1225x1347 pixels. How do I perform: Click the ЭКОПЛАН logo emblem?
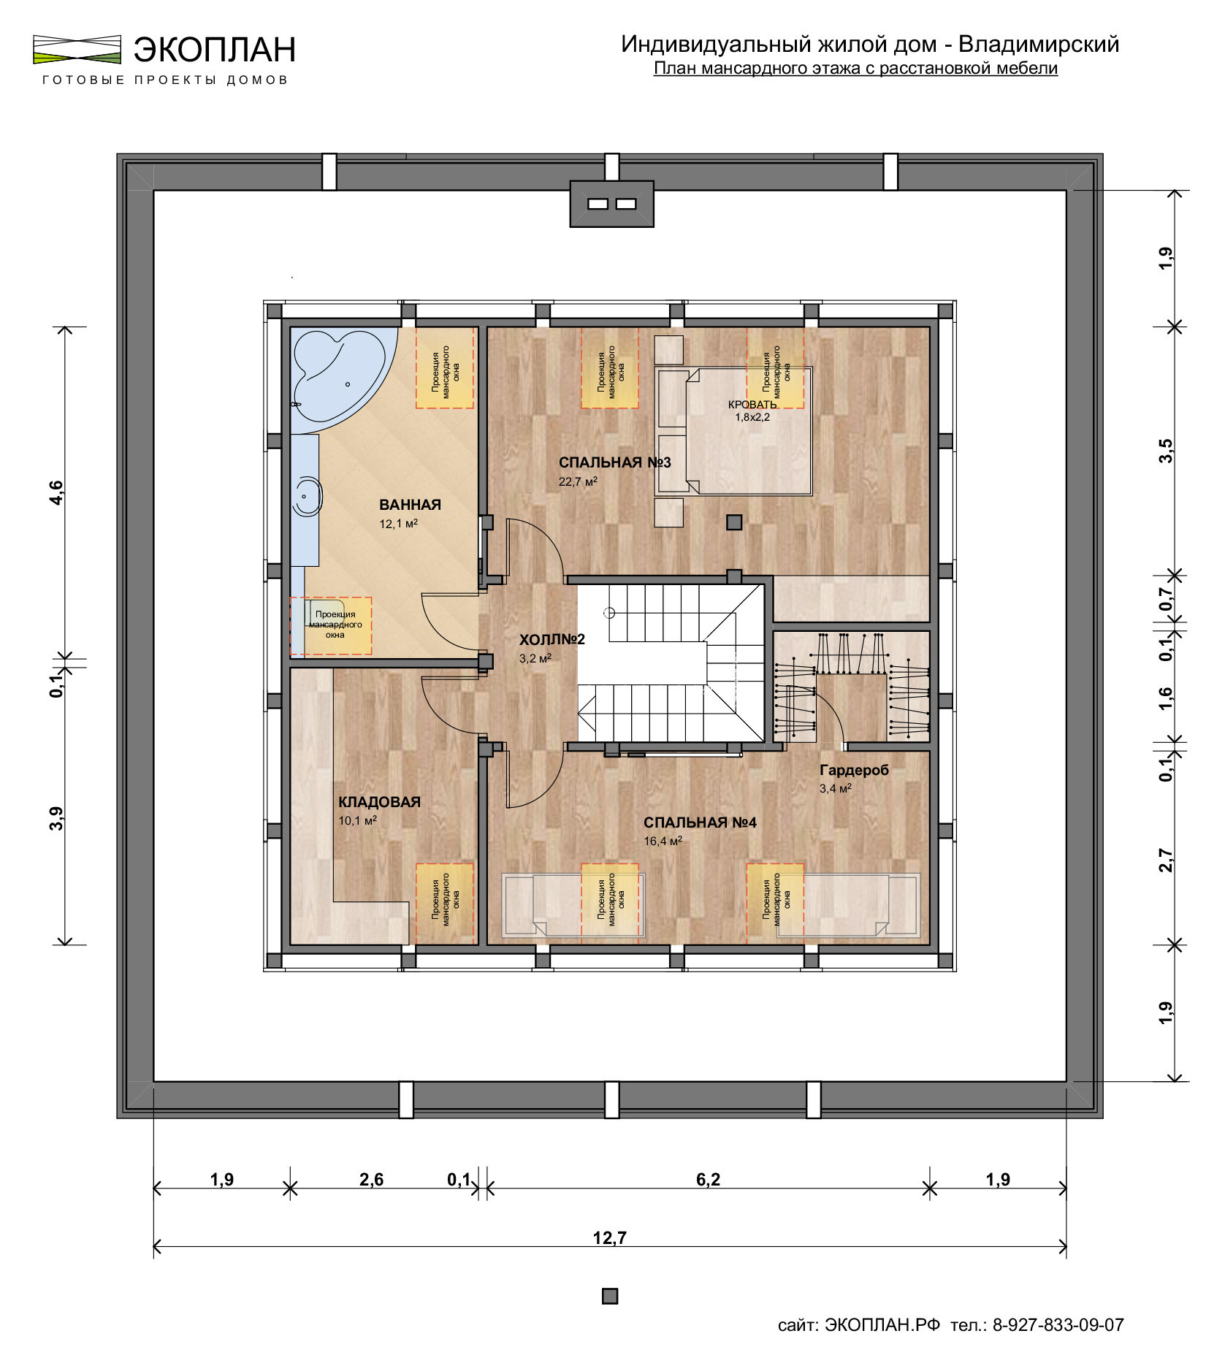click(77, 49)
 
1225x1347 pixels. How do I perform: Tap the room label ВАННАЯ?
click(410, 505)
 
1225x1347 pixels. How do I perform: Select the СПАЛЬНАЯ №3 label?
click(614, 462)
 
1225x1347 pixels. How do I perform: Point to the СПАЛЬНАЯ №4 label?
click(699, 823)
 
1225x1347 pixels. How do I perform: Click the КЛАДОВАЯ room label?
click(379, 802)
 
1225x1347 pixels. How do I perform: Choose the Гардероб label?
click(854, 770)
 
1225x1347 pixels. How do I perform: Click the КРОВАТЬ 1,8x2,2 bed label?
click(752, 411)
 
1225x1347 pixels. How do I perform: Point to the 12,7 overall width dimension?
click(610, 1237)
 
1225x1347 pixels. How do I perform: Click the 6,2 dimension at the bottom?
click(708, 1179)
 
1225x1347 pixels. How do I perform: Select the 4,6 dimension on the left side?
click(57, 493)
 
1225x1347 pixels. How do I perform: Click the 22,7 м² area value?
click(578, 481)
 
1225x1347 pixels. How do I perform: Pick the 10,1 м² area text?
click(357, 820)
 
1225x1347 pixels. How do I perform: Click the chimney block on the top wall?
click(611, 203)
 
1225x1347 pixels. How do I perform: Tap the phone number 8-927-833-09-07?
click(1058, 1325)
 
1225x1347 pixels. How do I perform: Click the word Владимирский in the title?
click(1038, 45)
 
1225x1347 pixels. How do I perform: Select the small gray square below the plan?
click(610, 1296)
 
